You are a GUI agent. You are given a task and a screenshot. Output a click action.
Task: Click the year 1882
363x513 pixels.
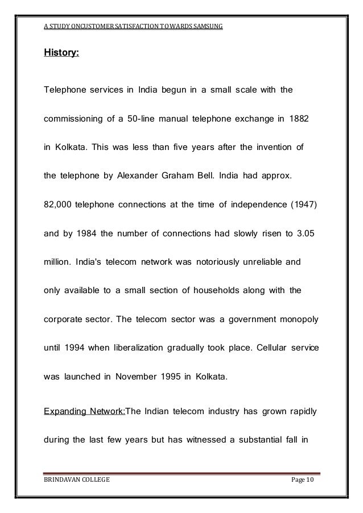(x=298, y=121)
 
